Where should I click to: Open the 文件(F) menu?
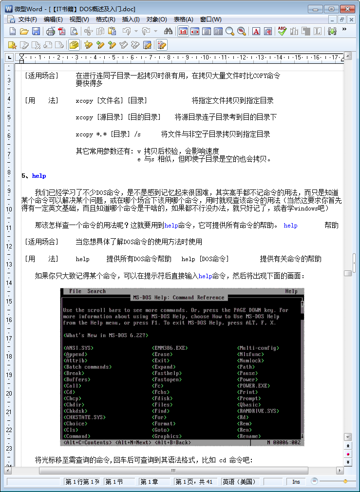tap(27, 19)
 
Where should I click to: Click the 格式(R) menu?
tap(105, 19)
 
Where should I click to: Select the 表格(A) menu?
tap(183, 19)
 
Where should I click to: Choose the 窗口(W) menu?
tap(210, 19)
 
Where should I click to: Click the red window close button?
tap(347, 9)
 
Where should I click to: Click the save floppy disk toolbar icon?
tap(36, 31)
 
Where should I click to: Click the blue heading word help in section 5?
tap(39, 176)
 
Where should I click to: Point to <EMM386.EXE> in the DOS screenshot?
tap(170, 348)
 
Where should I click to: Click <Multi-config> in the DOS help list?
tap(258, 348)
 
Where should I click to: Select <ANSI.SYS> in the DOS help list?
tap(78, 348)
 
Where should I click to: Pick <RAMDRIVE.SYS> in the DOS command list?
tap(258, 411)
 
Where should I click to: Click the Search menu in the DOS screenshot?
tap(96, 291)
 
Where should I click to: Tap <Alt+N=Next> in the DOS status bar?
tap(133, 442)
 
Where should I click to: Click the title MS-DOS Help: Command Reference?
tap(178, 298)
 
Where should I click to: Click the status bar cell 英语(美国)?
tap(239, 482)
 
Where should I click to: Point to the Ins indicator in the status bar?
tap(296, 482)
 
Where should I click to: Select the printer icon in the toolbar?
tap(50, 31)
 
